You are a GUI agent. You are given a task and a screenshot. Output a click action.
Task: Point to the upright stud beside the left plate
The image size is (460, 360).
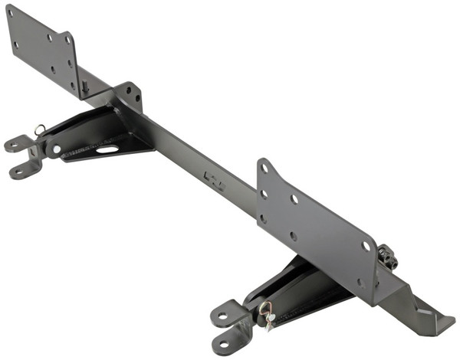tap(84, 87)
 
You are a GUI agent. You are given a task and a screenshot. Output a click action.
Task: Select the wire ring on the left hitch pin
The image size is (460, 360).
tap(39, 129)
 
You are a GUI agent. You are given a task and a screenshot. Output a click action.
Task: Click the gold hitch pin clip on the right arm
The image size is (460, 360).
tap(267, 314)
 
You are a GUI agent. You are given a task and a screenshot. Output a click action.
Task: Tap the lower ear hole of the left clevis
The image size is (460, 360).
tap(16, 171)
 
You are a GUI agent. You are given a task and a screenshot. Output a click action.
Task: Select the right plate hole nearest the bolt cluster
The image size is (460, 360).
tap(366, 247)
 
